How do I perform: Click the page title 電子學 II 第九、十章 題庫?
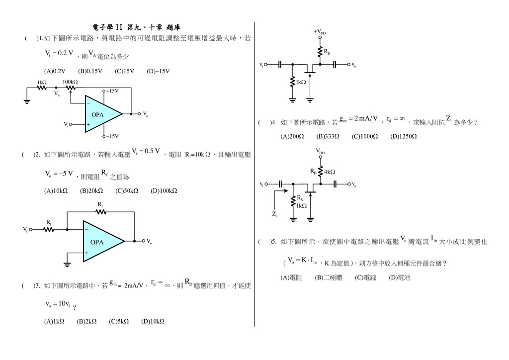pyautogui.click(x=135, y=26)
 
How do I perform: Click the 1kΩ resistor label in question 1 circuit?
pyautogui.click(x=42, y=82)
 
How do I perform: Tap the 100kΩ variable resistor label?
pyautogui.click(x=70, y=82)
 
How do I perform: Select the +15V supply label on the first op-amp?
pyautogui.click(x=112, y=91)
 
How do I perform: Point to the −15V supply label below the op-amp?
pyautogui.click(x=112, y=136)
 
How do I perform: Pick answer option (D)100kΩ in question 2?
pyautogui.click(x=164, y=190)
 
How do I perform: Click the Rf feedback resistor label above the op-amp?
pyautogui.click(x=100, y=204)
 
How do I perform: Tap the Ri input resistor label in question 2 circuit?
pyautogui.click(x=49, y=222)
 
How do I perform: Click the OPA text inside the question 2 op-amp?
pyautogui.click(x=97, y=242)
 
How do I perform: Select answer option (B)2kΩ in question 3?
pyautogui.click(x=86, y=322)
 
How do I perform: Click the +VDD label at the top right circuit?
pyautogui.click(x=320, y=31)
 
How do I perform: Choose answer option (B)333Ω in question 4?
pyautogui.click(x=328, y=136)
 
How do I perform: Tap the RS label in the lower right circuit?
pyautogui.click(x=300, y=198)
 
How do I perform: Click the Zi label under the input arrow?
pyautogui.click(x=274, y=214)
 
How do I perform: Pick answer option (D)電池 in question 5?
pyautogui.click(x=400, y=278)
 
